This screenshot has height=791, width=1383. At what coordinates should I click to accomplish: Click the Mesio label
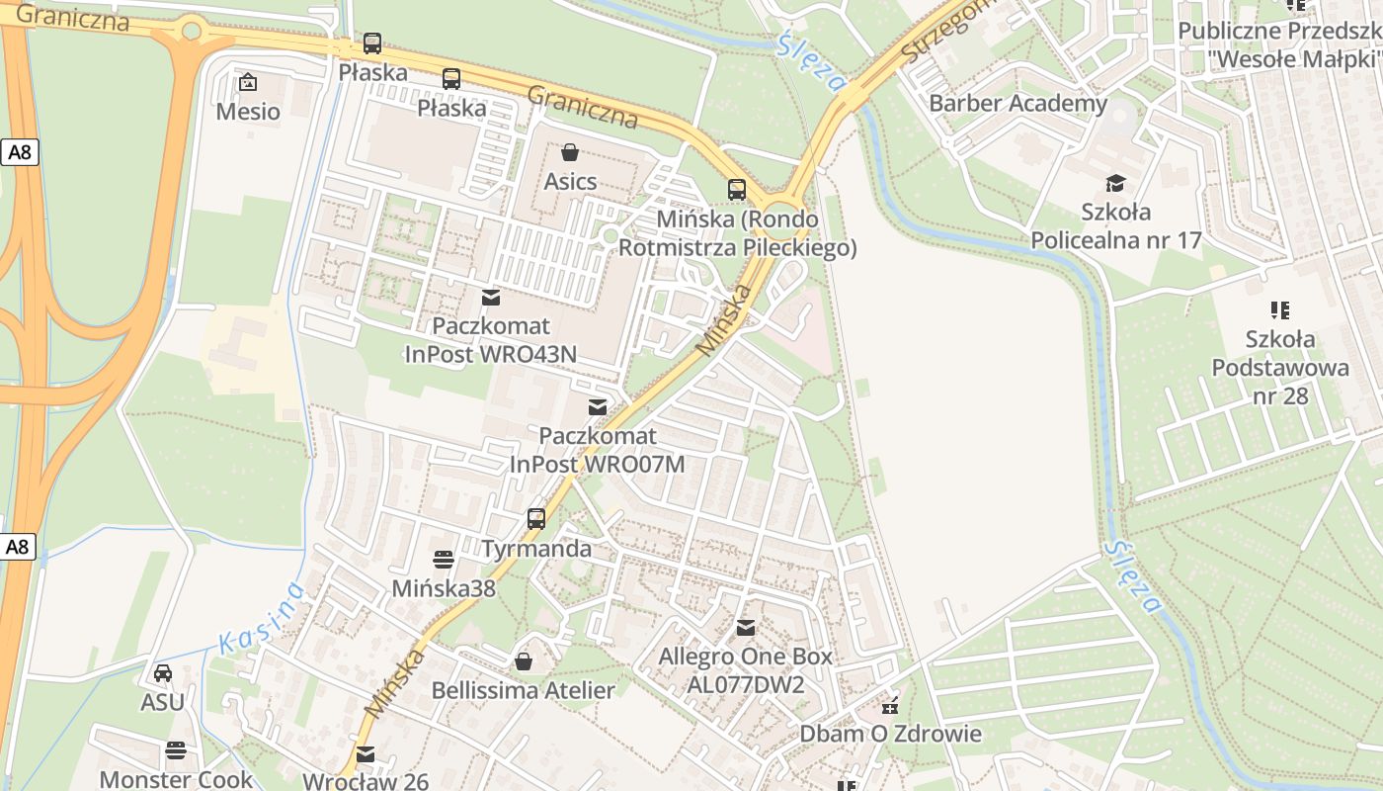pos(248,112)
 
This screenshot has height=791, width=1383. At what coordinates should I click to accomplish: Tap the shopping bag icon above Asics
pos(570,152)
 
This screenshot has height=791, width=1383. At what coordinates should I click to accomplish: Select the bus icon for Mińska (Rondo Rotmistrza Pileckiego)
pos(737,190)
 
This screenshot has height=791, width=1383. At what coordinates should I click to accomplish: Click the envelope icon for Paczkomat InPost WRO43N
pos(490,297)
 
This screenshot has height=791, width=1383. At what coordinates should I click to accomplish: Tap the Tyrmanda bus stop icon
pos(536,518)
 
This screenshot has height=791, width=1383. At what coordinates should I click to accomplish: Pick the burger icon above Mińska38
pos(444,560)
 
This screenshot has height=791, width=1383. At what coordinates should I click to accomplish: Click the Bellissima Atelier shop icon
pos(524,660)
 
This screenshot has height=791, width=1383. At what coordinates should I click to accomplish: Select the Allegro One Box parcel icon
pos(746,627)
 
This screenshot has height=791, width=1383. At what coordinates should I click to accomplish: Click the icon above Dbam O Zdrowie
pos(890,705)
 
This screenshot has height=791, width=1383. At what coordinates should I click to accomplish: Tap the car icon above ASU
pos(163,673)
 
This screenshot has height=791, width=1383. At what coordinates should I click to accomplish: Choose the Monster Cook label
pos(176,779)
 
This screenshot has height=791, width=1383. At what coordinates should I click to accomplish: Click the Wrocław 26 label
pos(366,781)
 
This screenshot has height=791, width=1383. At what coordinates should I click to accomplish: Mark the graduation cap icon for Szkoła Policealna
pos(1115,183)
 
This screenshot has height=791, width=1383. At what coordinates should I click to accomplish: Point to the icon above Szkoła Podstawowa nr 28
pos(1281,310)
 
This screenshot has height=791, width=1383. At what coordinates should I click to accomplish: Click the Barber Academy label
pos(1018,104)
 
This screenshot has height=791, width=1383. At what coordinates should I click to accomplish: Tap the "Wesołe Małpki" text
pos(1294,58)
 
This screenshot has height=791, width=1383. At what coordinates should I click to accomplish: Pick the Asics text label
pos(570,182)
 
